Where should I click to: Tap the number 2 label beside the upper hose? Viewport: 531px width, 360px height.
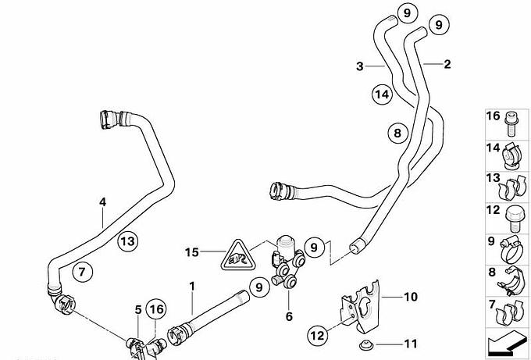click(447, 65)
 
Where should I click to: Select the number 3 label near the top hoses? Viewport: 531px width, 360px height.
click(360, 67)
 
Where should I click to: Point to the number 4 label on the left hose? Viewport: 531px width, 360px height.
click(102, 201)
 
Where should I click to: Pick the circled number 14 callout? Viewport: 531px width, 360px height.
click(380, 94)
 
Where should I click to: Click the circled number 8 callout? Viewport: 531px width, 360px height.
click(397, 134)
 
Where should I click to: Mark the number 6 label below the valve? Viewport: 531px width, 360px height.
click(289, 317)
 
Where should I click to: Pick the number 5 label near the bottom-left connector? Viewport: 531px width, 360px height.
click(137, 309)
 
